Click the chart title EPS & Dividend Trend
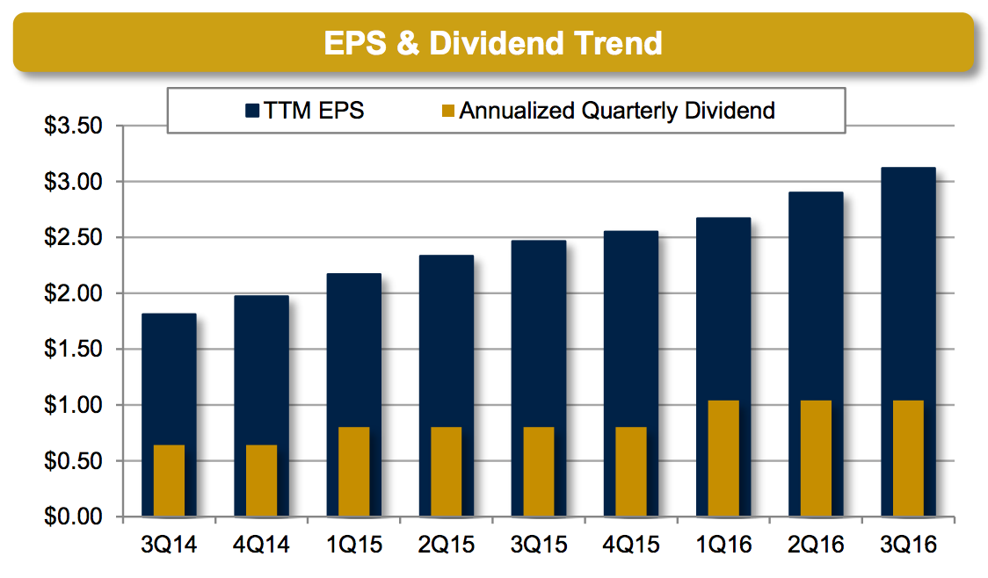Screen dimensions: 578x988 (x=492, y=41)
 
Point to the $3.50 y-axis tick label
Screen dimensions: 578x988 (x=74, y=126)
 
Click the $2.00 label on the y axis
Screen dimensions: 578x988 (x=74, y=293)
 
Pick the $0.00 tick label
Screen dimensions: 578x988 (x=74, y=517)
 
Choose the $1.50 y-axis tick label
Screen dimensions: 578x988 (x=74, y=350)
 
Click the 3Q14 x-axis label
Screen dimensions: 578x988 (x=168, y=545)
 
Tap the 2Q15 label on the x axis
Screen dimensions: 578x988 (x=446, y=545)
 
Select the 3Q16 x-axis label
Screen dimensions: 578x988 (x=908, y=545)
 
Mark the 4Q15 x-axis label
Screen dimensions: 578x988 (x=630, y=545)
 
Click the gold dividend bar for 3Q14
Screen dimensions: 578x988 (x=169, y=480)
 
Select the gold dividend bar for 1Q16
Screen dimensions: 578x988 (x=723, y=459)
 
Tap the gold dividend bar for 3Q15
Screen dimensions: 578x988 (x=539, y=472)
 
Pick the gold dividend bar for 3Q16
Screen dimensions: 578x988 (x=908, y=459)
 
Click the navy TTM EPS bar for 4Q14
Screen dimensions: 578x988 (x=261, y=369)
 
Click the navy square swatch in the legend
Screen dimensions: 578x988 (x=252, y=111)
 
